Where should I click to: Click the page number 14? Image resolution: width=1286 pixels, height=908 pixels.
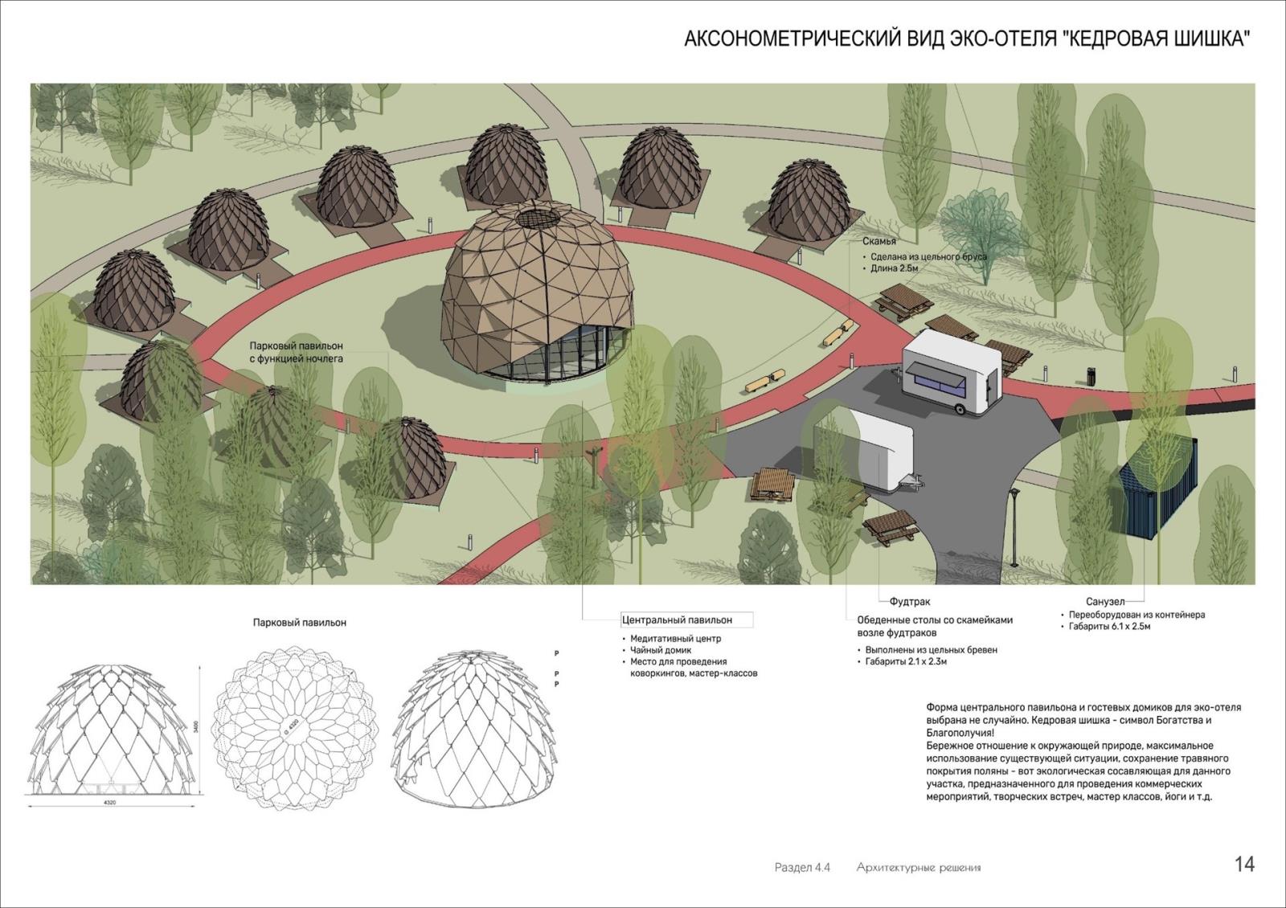(x=1244, y=865)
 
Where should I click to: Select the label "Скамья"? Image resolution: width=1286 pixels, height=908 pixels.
(x=879, y=241)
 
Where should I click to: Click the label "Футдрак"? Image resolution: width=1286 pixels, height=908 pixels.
(x=909, y=601)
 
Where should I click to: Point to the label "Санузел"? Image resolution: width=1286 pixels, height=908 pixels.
(x=1104, y=601)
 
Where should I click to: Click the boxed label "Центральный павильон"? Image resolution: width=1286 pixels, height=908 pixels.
(x=677, y=620)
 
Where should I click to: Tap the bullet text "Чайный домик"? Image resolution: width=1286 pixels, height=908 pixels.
(x=661, y=650)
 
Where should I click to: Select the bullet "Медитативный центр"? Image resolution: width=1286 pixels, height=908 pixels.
(x=675, y=639)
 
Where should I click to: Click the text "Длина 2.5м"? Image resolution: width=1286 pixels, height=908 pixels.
(x=894, y=268)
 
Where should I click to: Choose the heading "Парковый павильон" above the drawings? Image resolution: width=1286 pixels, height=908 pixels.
(x=300, y=623)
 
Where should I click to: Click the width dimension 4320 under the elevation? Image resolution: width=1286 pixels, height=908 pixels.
(x=109, y=803)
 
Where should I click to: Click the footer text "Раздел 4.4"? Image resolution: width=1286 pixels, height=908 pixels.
(x=801, y=868)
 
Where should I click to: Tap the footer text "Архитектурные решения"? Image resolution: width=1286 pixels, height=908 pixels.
(x=919, y=868)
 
